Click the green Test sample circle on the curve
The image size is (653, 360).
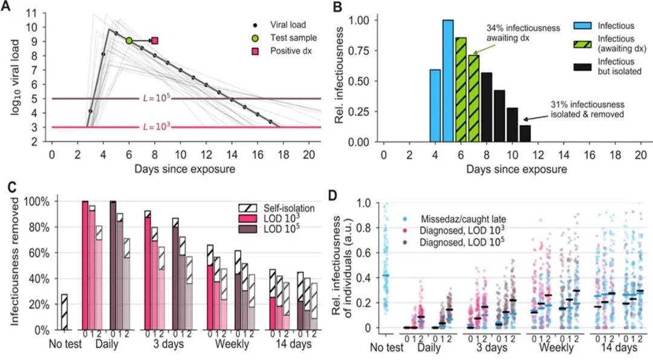(x=129, y=41)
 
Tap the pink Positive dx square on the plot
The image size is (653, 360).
(x=155, y=41)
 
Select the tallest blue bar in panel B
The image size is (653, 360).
(x=448, y=81)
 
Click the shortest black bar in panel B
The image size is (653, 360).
(x=525, y=134)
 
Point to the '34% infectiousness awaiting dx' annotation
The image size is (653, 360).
(x=523, y=33)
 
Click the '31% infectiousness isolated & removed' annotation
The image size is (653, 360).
(x=588, y=109)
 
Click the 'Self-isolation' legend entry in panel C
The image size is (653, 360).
(x=276, y=208)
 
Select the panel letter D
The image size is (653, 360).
(x=333, y=195)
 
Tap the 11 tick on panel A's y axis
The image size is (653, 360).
(x=43, y=13)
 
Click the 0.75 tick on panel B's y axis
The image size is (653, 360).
(x=359, y=50)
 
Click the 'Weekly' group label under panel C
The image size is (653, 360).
(x=232, y=344)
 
